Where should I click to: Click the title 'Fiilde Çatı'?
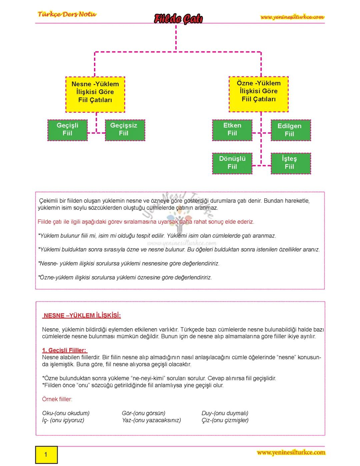178,19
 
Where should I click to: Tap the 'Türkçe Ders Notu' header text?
67,14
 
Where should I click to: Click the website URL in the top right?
292,17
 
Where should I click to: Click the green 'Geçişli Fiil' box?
67,129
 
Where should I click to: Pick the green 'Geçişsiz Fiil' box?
124,129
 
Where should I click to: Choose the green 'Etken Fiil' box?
232,129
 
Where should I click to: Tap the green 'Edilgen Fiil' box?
289,130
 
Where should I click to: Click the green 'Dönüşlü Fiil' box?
232,163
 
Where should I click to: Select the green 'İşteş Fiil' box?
289,163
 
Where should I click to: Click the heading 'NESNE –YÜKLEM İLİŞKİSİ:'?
82,316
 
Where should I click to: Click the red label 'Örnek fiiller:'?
57,399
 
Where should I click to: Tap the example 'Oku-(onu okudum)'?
66,413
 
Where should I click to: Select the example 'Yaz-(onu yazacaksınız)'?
151,420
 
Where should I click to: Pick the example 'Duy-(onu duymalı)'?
225,413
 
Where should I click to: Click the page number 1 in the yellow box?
46,454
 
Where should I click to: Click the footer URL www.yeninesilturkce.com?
291,453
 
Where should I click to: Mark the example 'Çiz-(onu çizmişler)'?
225,420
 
